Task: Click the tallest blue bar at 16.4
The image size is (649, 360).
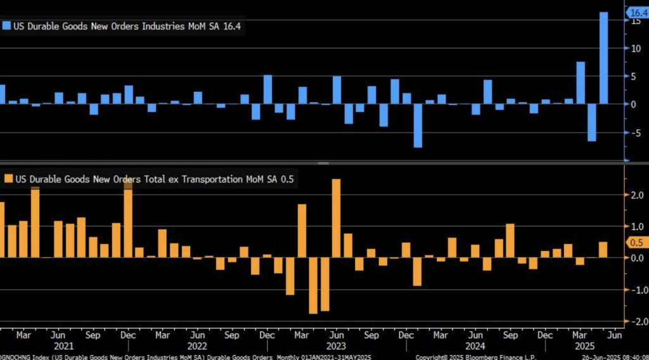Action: [x=603, y=58]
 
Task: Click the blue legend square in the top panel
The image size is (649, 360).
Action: [x=6, y=26]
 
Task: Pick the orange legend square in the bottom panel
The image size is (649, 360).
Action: [x=6, y=179]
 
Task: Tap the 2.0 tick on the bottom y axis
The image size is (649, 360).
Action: [x=634, y=196]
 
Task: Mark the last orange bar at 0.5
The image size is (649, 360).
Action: [x=603, y=250]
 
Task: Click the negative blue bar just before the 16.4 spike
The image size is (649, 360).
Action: [x=592, y=122]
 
